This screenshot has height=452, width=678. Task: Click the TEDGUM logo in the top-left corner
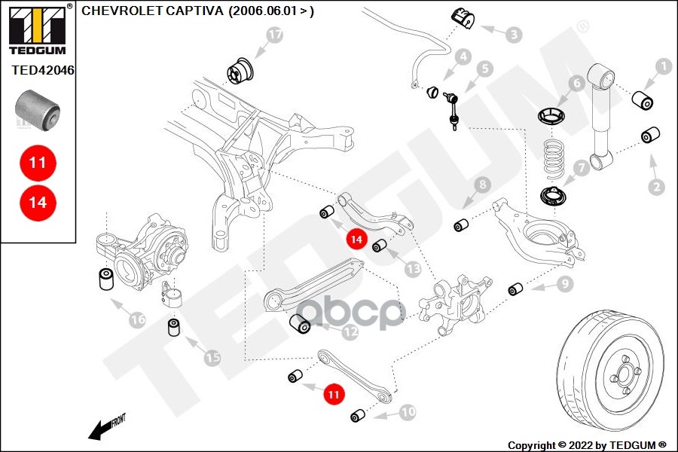37,29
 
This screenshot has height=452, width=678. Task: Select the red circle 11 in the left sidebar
38,162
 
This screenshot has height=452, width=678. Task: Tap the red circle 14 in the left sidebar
38,202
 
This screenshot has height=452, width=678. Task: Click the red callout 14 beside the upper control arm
357,240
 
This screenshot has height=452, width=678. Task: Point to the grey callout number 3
513,34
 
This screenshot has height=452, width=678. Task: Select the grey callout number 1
663,67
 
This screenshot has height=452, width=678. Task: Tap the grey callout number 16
136,319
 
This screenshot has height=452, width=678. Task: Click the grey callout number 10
407,412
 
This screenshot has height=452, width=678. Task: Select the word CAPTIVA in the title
190,11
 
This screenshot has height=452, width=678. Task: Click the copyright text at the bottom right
587,444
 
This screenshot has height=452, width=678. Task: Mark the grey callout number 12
350,330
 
